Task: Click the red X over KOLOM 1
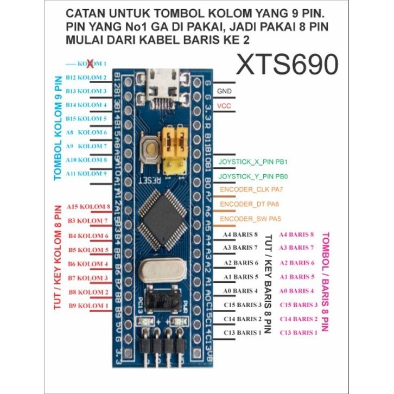pyautogui.click(x=91, y=63)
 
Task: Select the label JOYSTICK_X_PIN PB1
pyautogui.click(x=252, y=162)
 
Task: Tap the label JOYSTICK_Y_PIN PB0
pyautogui.click(x=252, y=176)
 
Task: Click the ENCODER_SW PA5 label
pyautogui.click(x=251, y=219)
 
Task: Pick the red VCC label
pyautogui.click(x=224, y=105)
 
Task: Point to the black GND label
pyautogui.click(x=224, y=91)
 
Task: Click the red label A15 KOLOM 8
pyautogui.click(x=88, y=207)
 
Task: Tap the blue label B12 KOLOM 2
pyautogui.click(x=86, y=77)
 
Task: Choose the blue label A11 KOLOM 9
pyautogui.click(x=86, y=174)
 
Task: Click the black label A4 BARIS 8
pyautogui.click(x=240, y=234)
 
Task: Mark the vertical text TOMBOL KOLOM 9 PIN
pyautogui.click(x=58, y=128)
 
